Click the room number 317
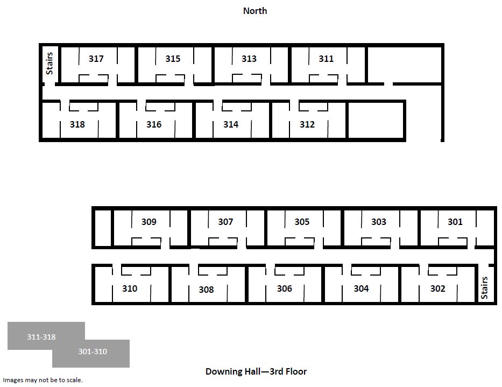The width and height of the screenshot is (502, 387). [x=96, y=59]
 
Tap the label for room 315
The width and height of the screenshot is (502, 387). [x=173, y=59]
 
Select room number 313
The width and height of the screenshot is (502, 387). [x=249, y=59]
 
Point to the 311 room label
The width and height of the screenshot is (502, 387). [x=326, y=59]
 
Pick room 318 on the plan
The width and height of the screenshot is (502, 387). [x=77, y=124]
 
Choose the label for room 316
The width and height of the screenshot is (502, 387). [x=154, y=124]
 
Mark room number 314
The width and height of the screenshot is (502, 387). [x=230, y=124]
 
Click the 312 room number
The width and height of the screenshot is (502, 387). [x=307, y=124]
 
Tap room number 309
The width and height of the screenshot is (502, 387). [x=149, y=222]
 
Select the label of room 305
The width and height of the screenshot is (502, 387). [x=302, y=222]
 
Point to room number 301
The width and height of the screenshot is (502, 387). [x=455, y=222]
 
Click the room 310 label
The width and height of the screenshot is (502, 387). [x=129, y=289]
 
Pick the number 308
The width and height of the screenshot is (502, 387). [x=206, y=290]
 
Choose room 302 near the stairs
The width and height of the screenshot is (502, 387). [x=437, y=289]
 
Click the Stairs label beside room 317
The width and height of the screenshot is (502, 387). [x=50, y=64]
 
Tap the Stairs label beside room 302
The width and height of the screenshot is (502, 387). [x=484, y=287]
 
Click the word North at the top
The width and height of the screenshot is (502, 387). [x=255, y=11]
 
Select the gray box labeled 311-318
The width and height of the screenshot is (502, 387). [x=46, y=336]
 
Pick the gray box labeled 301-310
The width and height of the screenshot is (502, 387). [x=91, y=354]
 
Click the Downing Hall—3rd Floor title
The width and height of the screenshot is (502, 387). [x=256, y=371]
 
